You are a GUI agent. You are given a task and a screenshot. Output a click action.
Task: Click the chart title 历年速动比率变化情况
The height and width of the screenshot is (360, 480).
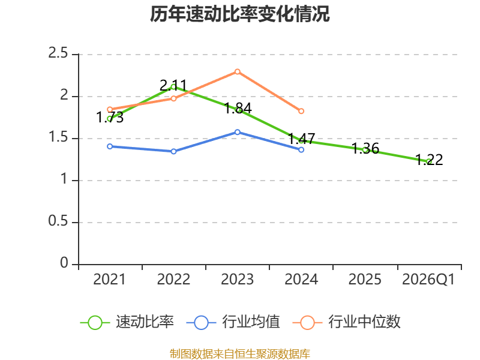pos(239,14)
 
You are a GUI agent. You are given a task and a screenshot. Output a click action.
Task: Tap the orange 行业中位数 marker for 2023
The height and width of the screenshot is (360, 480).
pos(237,71)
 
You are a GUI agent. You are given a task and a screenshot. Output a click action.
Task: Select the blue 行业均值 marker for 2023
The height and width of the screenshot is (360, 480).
pos(237,132)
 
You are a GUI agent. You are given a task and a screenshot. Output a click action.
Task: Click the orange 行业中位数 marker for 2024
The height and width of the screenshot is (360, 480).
pos(301,111)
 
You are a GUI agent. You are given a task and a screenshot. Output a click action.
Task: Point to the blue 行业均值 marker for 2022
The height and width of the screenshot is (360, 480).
pos(173,152)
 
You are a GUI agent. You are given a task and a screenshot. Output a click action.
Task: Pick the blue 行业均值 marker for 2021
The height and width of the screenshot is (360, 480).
pos(110,146)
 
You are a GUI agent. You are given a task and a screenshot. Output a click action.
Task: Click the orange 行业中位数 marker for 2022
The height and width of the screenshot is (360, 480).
pos(173,98)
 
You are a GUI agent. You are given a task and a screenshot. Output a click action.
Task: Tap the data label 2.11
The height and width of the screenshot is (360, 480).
pos(173,85)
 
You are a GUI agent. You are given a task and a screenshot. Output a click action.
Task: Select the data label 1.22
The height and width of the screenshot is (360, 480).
pos(429,160)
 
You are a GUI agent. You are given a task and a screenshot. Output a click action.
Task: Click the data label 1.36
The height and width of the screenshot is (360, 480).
pos(365,148)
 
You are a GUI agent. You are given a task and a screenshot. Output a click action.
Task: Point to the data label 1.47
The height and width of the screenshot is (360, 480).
pos(302,139)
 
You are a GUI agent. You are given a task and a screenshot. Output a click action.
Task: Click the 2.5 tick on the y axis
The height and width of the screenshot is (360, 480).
pos(58,53)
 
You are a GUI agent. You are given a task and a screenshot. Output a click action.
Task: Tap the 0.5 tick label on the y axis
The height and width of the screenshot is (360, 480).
pos(58,221)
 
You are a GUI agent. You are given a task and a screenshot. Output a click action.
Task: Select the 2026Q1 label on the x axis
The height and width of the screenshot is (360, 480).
pos(428,280)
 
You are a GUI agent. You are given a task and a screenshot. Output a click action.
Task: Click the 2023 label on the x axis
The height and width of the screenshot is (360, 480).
pos(237,280)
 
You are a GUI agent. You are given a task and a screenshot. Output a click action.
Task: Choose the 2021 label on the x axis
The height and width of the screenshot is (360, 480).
pos(109,280)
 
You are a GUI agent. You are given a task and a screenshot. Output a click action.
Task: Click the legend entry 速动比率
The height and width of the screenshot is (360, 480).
pos(127,322)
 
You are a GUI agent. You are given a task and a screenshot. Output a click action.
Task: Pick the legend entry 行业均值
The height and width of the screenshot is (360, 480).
pos(233,322)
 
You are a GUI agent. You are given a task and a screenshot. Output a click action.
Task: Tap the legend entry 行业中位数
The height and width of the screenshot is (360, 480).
pos(347,322)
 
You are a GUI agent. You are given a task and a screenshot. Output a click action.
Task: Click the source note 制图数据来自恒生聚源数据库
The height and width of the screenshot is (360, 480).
pos(239,354)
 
